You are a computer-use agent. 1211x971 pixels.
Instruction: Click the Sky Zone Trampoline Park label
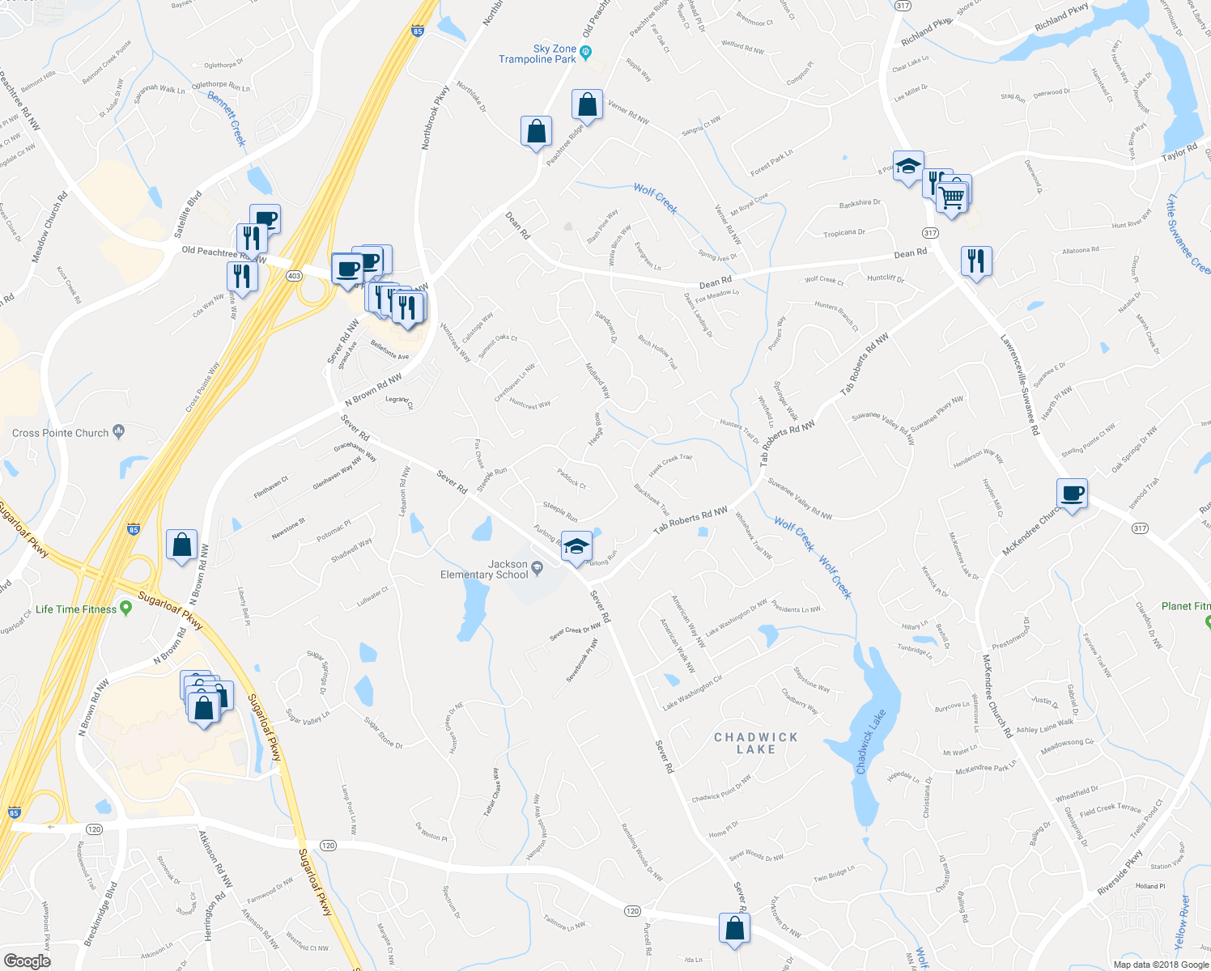click(538, 54)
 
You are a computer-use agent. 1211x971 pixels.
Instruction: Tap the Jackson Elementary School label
click(484, 570)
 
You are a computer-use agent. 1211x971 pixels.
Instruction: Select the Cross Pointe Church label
click(61, 433)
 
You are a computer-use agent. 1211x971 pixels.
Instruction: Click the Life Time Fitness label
click(76, 609)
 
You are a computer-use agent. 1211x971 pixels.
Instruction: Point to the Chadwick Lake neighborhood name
click(756, 743)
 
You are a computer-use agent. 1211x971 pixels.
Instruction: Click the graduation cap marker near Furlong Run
click(576, 548)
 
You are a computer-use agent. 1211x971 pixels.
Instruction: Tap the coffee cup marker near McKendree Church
click(1072, 493)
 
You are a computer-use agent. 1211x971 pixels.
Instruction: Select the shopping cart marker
click(952, 197)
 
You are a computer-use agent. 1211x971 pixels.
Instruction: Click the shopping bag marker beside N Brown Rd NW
click(182, 545)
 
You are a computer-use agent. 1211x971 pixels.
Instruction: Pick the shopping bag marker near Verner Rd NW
click(587, 105)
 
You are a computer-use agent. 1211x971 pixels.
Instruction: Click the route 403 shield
click(294, 276)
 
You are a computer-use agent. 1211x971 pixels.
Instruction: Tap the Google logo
click(27, 960)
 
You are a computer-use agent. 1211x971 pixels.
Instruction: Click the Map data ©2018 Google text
click(1160, 965)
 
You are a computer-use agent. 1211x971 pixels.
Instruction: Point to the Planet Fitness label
click(1186, 606)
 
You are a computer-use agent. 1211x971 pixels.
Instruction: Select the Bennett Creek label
click(227, 118)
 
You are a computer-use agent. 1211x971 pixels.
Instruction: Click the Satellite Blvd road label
click(188, 214)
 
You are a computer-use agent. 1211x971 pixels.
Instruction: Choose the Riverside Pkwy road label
click(1120, 872)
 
